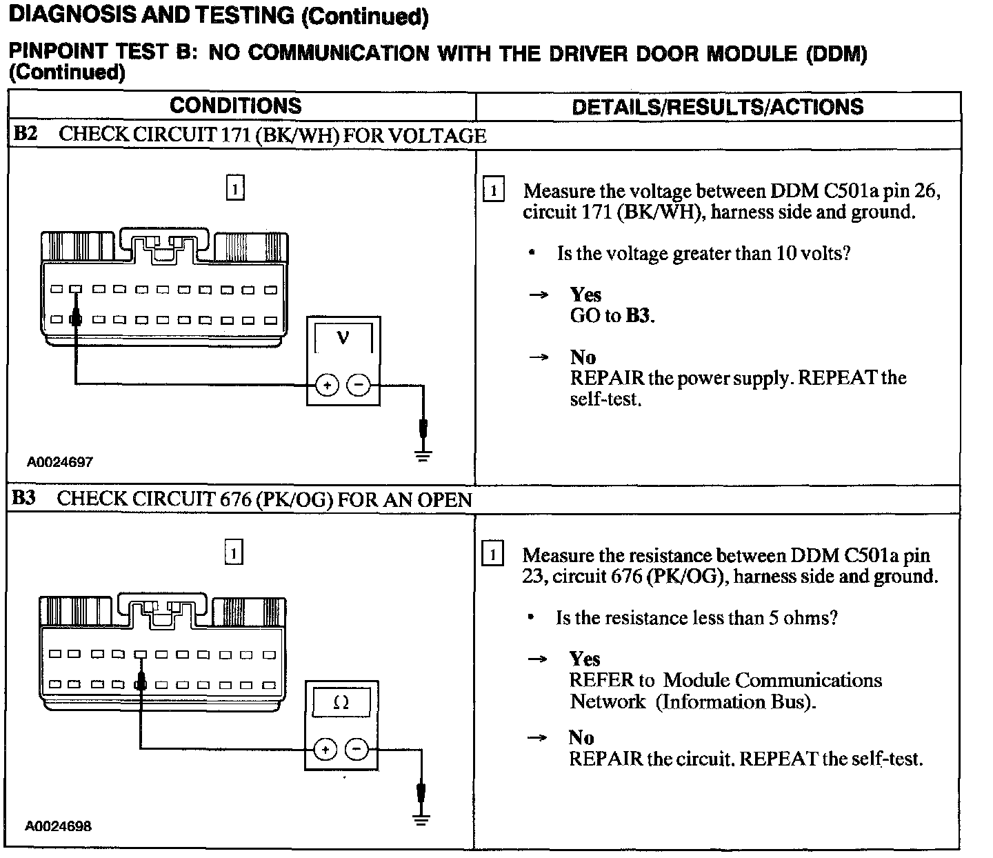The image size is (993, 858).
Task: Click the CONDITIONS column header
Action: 235,106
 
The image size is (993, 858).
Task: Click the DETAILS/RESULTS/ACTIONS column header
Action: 717,106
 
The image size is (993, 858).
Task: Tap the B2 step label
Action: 25,134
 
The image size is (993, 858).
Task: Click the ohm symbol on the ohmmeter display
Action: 341,702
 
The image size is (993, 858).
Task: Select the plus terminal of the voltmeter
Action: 327,385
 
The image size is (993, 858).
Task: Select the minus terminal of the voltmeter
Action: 358,385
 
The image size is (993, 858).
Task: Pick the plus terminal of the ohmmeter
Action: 325,749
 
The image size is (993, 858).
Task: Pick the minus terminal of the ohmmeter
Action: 356,749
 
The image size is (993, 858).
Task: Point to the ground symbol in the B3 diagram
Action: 421,818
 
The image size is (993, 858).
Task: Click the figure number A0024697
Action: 60,461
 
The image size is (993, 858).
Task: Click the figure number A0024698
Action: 59,826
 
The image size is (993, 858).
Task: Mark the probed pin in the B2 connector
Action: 77,320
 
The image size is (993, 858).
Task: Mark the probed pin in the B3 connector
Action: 141,684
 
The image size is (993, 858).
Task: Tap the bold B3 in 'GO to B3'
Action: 639,316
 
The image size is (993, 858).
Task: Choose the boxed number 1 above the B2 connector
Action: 235,188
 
